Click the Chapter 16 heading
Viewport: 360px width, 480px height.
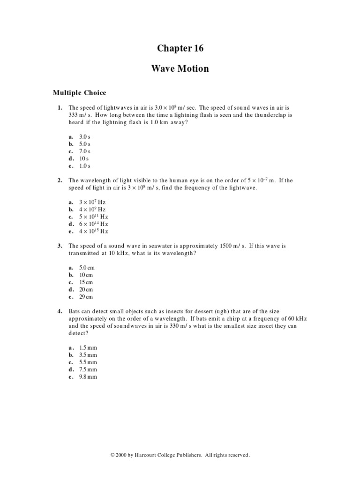(x=180, y=48)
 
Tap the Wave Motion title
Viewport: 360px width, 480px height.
(x=180, y=69)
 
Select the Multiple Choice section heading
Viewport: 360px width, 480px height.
(x=79, y=93)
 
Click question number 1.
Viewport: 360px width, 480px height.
(x=60, y=107)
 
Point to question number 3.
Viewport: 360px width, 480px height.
(x=60, y=246)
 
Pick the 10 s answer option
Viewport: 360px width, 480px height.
(x=84, y=158)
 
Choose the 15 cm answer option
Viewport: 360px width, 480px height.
(x=86, y=282)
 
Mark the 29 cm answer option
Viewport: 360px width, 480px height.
(x=86, y=297)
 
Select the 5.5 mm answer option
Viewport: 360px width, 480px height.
(x=88, y=362)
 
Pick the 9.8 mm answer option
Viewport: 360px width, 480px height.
(x=88, y=377)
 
